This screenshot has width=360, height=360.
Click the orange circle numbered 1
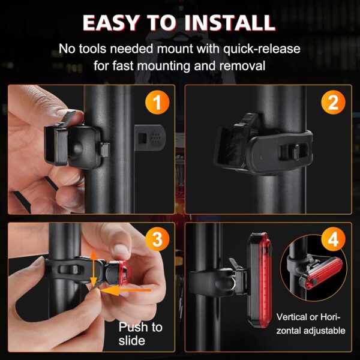point(157,103)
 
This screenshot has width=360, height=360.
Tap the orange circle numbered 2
point(332,103)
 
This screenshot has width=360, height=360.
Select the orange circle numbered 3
point(157,241)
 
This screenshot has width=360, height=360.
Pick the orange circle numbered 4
point(332,241)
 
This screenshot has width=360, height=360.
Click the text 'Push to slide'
point(140,334)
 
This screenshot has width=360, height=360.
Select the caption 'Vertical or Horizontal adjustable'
point(310,323)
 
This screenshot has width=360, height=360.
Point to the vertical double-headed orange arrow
point(93,268)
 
